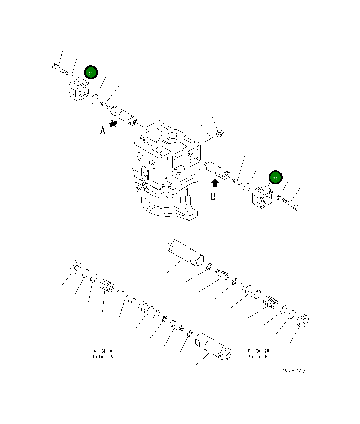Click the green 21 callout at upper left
[x=91, y=73]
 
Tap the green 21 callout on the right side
[x=275, y=178]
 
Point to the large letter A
[x=103, y=130]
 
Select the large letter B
[x=213, y=197]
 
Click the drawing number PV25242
[x=293, y=371]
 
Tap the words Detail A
[x=103, y=357]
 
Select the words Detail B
[x=258, y=357]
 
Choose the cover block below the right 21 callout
[x=262, y=198]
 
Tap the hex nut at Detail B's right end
[x=303, y=320]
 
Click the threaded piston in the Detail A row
[x=107, y=286]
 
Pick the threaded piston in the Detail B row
[x=271, y=302]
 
